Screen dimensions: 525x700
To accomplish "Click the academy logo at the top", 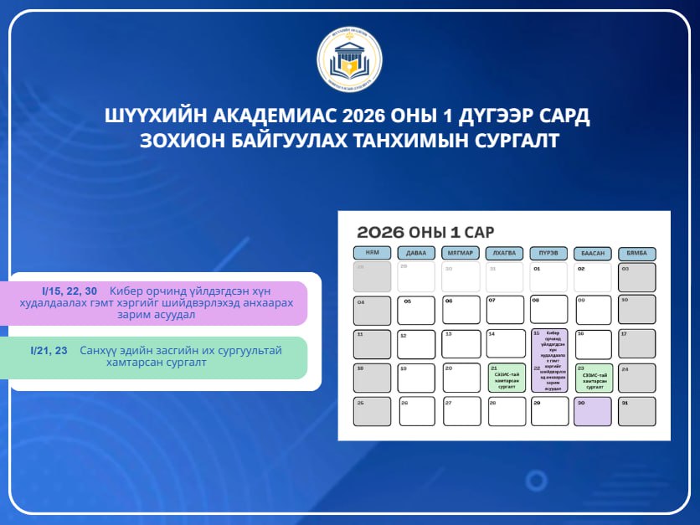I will [350, 59].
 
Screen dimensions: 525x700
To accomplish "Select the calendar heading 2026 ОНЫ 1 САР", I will [425, 232].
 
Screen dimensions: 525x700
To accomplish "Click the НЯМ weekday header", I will [372, 254].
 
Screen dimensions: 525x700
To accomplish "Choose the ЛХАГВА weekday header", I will [505, 254].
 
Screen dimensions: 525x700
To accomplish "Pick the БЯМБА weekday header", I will [637, 254].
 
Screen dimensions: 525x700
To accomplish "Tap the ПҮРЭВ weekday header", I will [549, 254].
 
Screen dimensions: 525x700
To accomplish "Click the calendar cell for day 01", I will [549, 277].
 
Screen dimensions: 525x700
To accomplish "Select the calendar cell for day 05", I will [416, 311].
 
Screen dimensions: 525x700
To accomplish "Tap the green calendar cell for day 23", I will [593, 378].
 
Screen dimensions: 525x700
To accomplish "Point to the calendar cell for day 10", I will [637, 311].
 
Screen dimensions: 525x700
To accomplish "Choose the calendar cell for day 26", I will [416, 411].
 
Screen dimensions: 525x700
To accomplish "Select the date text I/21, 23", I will [48, 350].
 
